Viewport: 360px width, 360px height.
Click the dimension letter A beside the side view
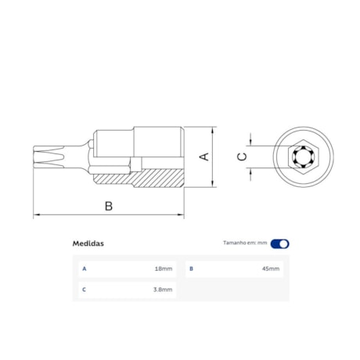click(x=205, y=157)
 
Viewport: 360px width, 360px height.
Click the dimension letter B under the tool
click(x=109, y=206)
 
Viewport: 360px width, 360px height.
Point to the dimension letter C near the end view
click(x=242, y=157)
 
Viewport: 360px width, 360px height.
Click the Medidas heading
click(x=88, y=243)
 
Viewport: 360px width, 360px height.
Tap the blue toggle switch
click(x=279, y=243)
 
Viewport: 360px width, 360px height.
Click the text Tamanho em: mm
click(x=245, y=243)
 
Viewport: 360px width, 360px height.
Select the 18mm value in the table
click(x=164, y=268)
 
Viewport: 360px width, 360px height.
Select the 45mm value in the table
click(x=271, y=268)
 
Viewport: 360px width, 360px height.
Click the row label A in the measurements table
click(x=84, y=268)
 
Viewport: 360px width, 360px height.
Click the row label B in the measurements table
click(x=190, y=268)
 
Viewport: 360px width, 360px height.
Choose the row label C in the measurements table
click(x=84, y=290)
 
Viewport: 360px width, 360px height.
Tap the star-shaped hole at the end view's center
click(x=301, y=157)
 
